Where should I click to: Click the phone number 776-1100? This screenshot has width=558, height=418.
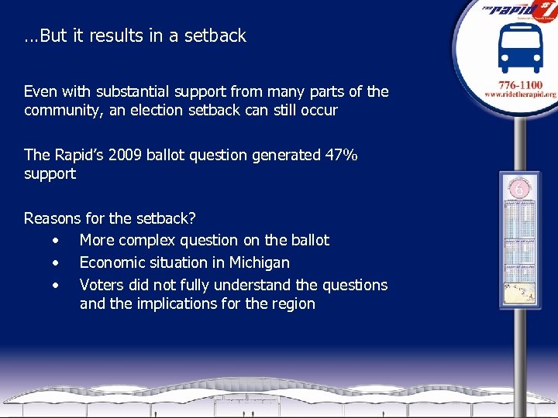(521, 84)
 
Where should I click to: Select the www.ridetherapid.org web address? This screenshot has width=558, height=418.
(521, 94)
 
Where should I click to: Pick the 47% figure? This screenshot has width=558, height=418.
(341, 155)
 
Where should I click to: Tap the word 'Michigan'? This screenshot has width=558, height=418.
(259, 262)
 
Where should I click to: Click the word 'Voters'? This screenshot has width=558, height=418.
(103, 285)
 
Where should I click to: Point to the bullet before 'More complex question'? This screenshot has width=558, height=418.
(56, 240)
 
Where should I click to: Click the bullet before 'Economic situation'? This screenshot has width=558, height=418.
(56, 262)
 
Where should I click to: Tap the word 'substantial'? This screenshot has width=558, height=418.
(131, 91)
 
